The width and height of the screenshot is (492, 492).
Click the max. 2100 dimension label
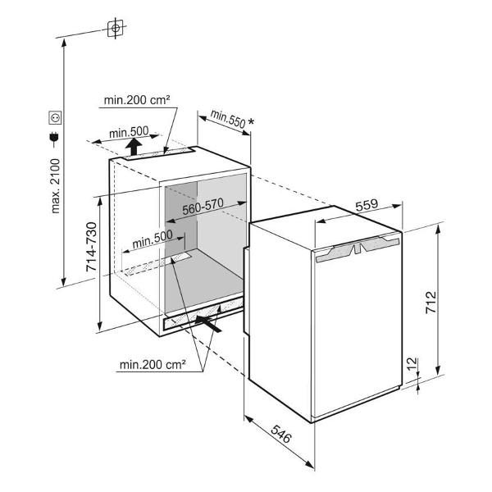55,186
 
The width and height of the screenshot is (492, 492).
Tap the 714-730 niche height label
92,247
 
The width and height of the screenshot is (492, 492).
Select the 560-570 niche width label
203,207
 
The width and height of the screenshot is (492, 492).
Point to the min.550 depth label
228,119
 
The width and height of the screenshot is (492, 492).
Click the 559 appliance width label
367,205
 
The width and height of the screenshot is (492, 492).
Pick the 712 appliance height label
430,303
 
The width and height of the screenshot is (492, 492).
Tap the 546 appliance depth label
281,435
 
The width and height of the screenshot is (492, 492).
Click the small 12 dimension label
413,364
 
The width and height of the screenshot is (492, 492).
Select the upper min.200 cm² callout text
137,100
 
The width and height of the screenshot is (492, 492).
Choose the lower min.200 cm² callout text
153,365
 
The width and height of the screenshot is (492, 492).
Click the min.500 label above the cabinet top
129,132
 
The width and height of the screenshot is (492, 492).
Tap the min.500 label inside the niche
153,239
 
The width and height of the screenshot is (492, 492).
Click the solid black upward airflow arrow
134,147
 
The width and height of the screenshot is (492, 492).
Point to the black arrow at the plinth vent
208,324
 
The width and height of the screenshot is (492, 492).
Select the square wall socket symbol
55,117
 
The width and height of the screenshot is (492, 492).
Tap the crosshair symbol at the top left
116,28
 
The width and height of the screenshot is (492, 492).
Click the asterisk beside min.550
252,121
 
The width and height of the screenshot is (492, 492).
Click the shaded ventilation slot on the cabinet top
158,153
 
